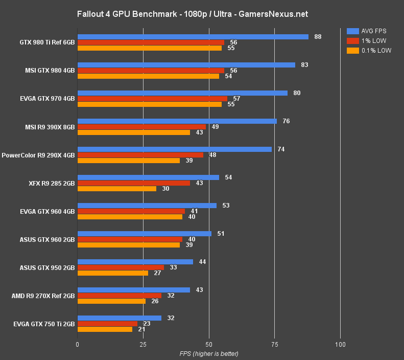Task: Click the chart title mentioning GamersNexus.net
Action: tap(193, 14)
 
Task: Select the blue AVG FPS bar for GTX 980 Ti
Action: tap(193, 37)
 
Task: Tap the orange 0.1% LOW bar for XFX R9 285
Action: tap(117, 189)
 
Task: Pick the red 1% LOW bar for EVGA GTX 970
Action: tap(152, 99)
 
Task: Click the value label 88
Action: tap(318, 37)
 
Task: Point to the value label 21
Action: tap(141, 329)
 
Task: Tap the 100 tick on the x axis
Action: tap(340, 345)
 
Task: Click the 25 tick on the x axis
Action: tap(143, 345)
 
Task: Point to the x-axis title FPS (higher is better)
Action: tap(208, 354)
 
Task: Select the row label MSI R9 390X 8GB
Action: tap(50, 127)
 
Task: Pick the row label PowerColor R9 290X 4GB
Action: tap(38, 155)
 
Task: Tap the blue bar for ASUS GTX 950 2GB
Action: tap(135, 262)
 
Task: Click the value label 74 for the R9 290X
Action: tap(281, 149)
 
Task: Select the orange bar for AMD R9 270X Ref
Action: tap(111, 301)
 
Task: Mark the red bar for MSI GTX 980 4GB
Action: tap(151, 71)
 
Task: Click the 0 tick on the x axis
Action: tap(77, 345)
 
